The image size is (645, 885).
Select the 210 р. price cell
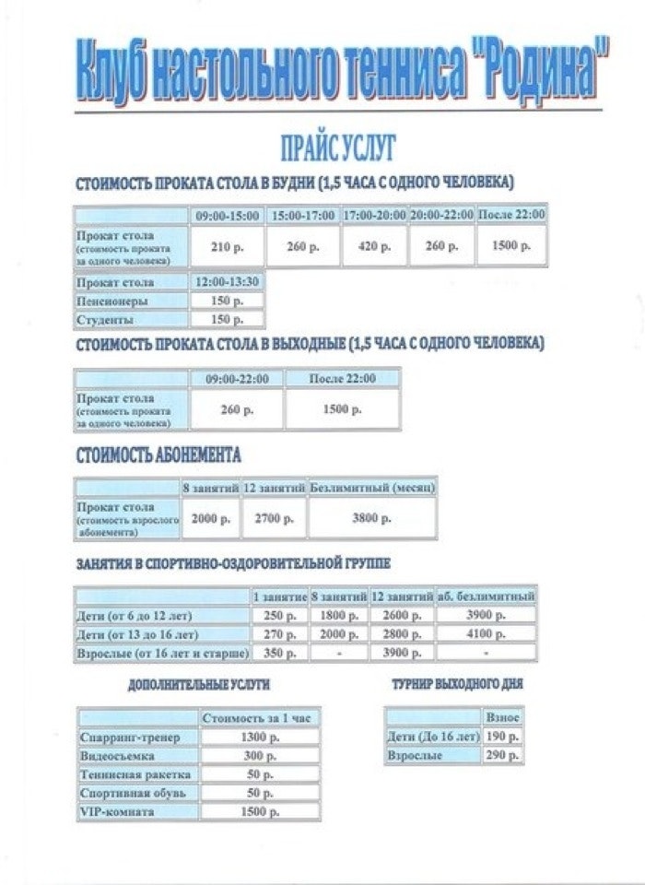click(x=226, y=247)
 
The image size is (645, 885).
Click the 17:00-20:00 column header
click(x=373, y=215)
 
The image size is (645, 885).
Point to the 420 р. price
click(x=373, y=247)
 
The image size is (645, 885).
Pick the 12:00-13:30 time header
click(x=227, y=282)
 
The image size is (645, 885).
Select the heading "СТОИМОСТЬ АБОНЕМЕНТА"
click(x=158, y=455)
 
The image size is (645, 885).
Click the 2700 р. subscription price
click(x=275, y=519)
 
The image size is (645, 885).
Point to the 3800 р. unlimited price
click(x=371, y=519)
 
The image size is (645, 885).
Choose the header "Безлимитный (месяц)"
click(x=372, y=486)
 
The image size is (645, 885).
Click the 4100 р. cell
click(x=486, y=634)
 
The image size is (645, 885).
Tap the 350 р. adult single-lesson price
click(x=279, y=654)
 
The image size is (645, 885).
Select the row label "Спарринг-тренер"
click(x=124, y=737)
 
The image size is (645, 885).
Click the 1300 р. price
click(x=259, y=737)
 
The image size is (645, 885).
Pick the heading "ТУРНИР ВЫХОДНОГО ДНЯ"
click(x=457, y=685)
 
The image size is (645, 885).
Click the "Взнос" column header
click(x=502, y=716)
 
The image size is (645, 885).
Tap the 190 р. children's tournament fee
click(x=502, y=737)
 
